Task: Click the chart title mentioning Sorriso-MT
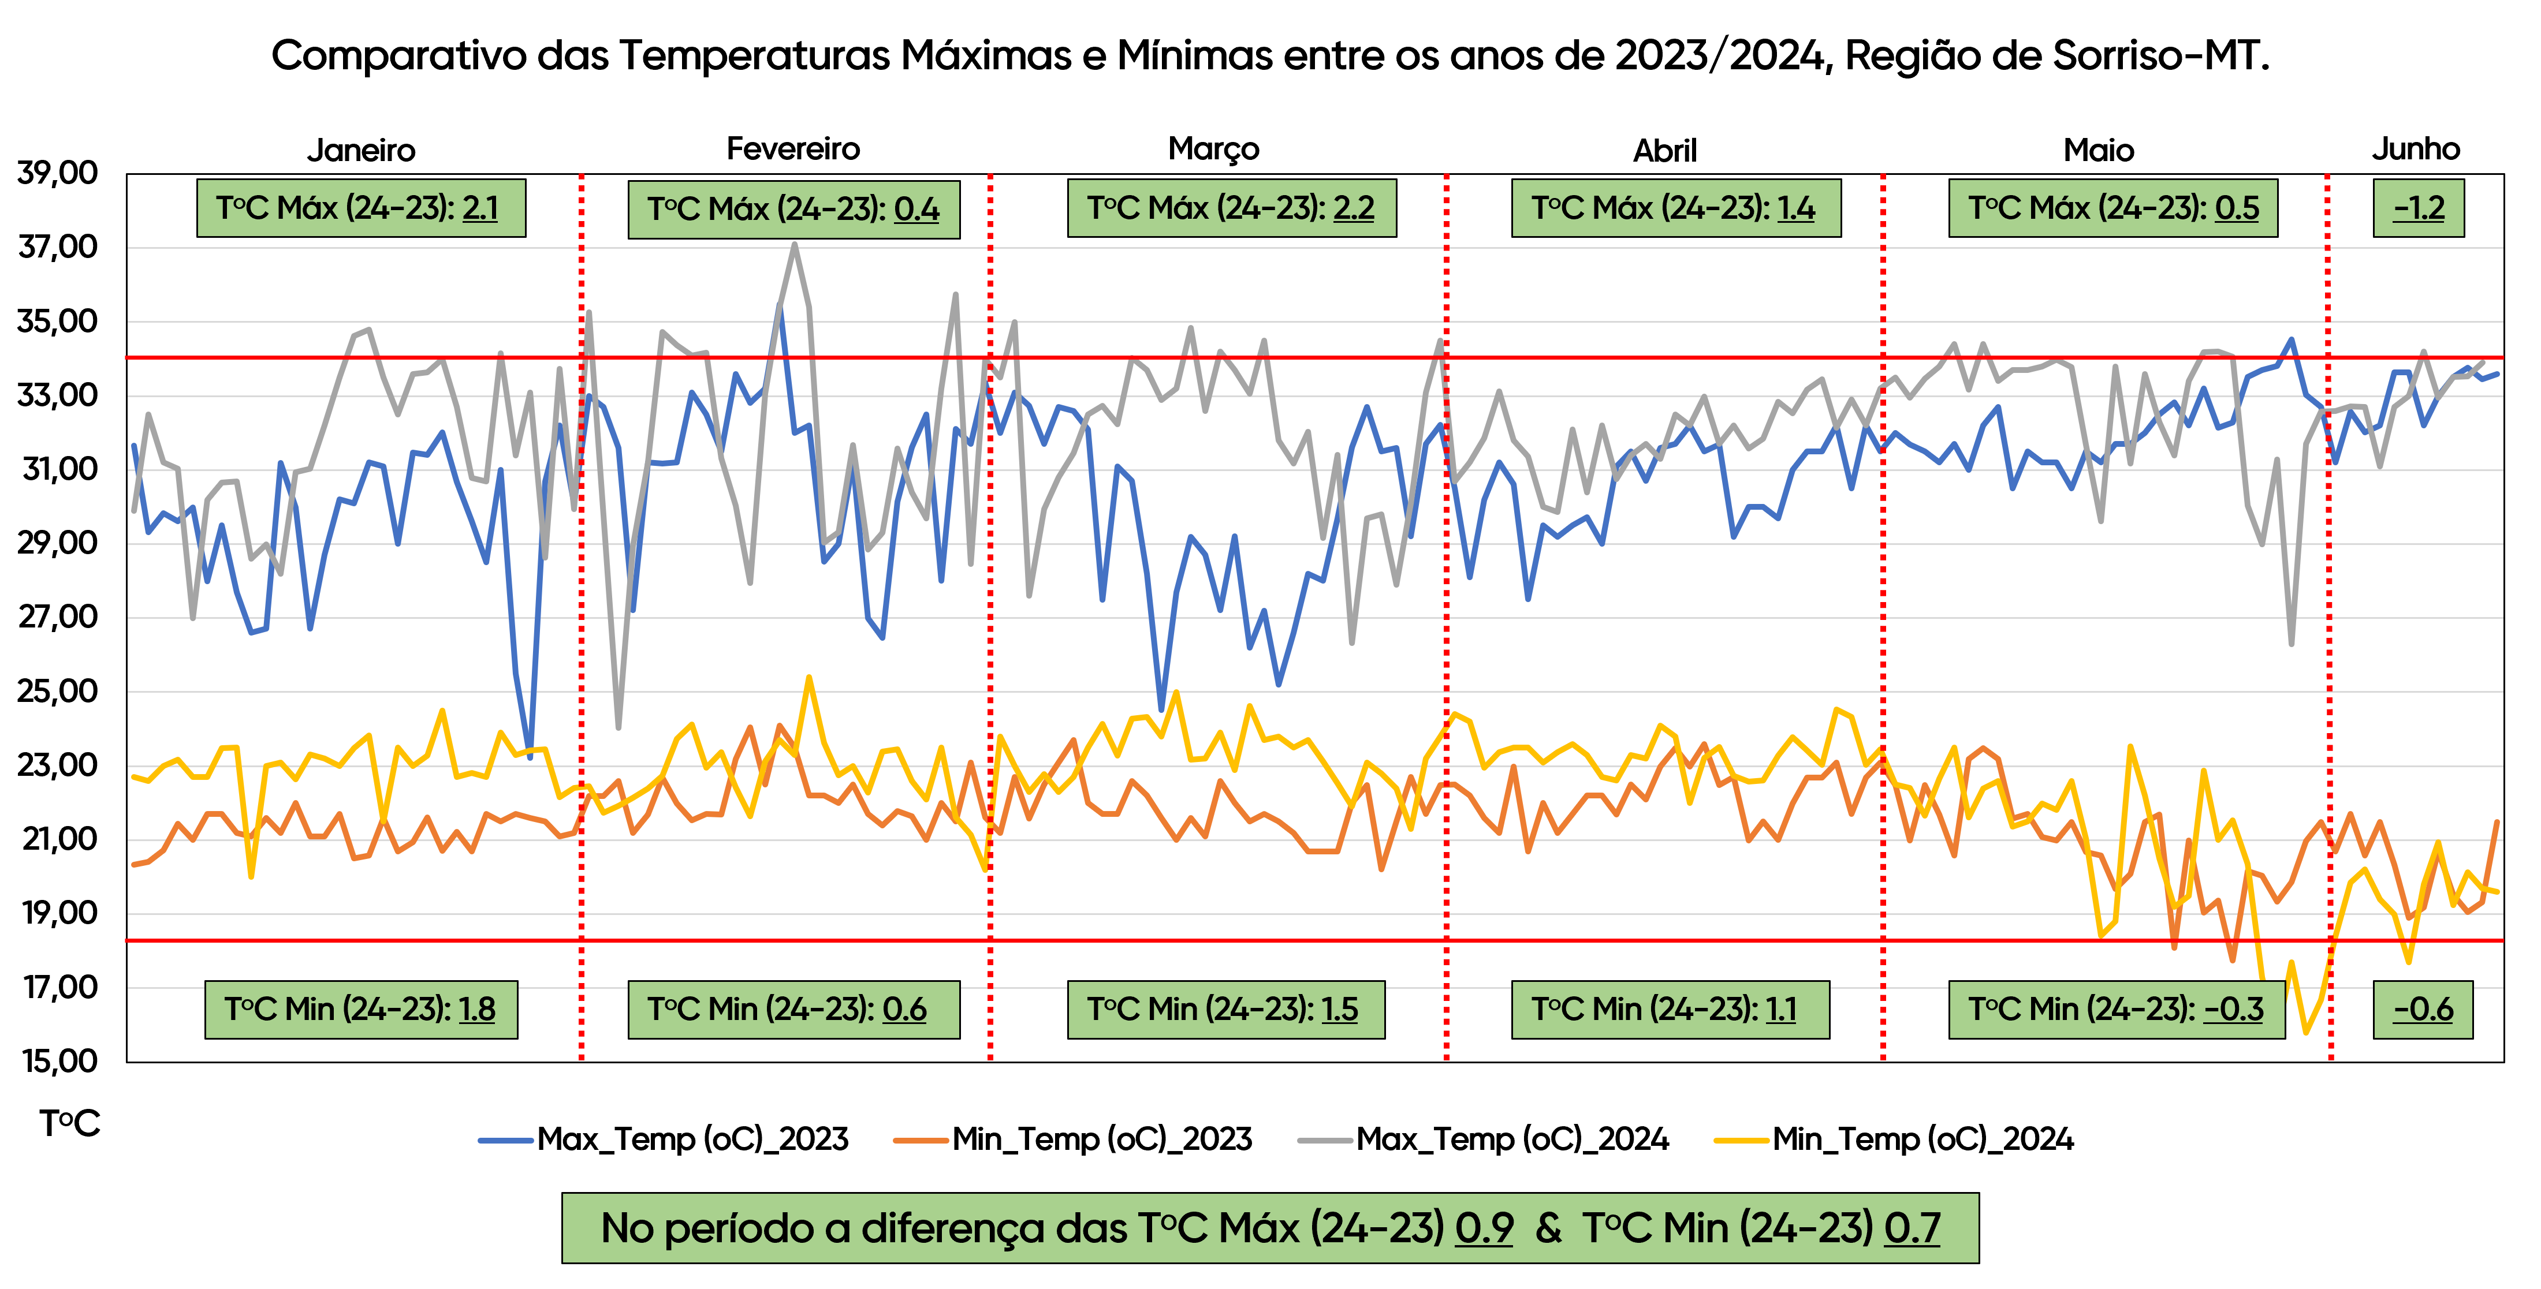point(1270,55)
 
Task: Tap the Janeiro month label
point(361,150)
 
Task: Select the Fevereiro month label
point(793,149)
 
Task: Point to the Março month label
point(1213,149)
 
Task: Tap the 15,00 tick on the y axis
point(58,1061)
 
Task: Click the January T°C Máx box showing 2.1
point(361,208)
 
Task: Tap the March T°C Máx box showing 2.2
point(1231,208)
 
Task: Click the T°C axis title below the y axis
point(70,1123)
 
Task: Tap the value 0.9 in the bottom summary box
point(1484,1228)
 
